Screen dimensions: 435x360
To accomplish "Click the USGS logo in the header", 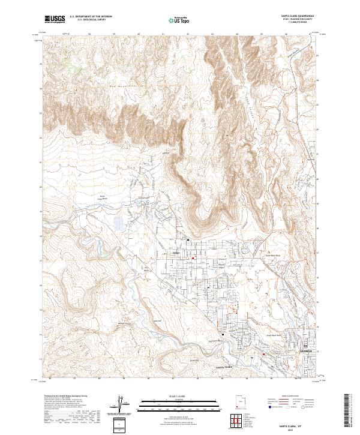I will [55, 19].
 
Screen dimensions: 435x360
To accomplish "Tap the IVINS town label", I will [176, 253].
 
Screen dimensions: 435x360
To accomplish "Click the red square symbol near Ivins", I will [193, 259].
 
